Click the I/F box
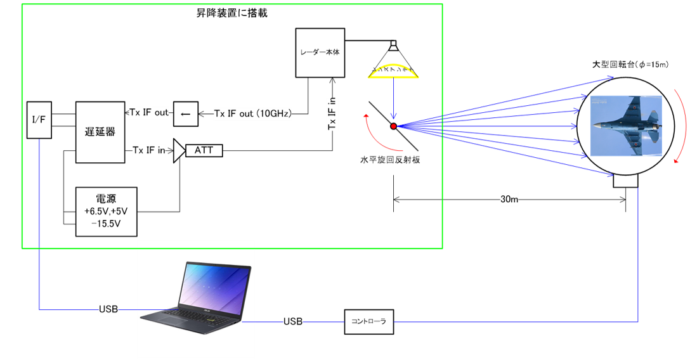39,119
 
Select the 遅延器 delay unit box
100,132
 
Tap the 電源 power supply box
106,212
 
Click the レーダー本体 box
320,53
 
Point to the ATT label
204,150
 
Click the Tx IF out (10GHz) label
252,114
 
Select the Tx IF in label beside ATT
148,150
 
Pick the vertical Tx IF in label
333,114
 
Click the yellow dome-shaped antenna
393,72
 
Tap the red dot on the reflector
394,127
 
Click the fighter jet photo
626,125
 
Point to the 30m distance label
510,200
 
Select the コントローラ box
369,321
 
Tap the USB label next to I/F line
108,310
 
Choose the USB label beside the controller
292,322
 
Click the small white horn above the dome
393,46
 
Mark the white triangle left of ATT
179,150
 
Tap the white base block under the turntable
626,181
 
